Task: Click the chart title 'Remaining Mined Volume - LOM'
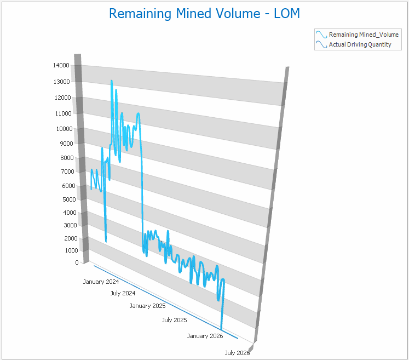(204, 14)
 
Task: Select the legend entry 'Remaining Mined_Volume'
(364, 35)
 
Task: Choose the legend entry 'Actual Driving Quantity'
(360, 44)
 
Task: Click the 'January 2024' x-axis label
(101, 282)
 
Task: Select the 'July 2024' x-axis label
(123, 293)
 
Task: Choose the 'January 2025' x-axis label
(147, 306)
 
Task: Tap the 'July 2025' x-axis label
(175, 320)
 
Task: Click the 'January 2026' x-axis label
(205, 336)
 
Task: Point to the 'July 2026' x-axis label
(237, 353)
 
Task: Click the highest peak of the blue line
(112, 81)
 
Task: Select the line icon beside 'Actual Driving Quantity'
(321, 44)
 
